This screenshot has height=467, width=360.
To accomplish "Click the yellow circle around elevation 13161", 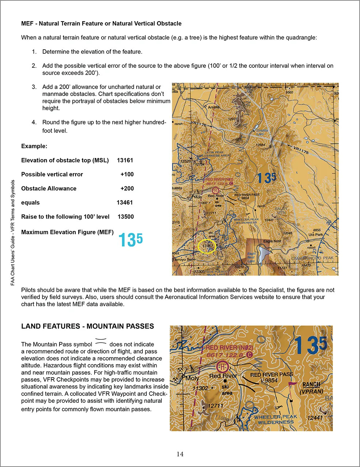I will pyautogui.click(x=207, y=246).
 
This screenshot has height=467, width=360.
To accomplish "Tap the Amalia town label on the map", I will pyautogui.click(x=214, y=107).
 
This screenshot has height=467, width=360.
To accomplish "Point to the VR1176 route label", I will pyautogui.click(x=199, y=124).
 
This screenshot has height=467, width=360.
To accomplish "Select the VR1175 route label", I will pyautogui.click(x=301, y=149).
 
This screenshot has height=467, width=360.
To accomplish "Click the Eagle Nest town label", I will pyautogui.click(x=272, y=241).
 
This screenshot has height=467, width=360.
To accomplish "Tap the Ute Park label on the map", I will pyautogui.click(x=315, y=235).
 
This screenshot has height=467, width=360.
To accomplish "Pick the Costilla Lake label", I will pyautogui.click(x=262, y=132).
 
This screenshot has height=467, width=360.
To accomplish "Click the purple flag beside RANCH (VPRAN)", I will pyautogui.click(x=291, y=385).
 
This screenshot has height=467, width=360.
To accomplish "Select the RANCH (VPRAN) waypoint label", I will pyautogui.click(x=311, y=388).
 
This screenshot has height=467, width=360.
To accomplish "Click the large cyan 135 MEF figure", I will pyautogui.click(x=130, y=240).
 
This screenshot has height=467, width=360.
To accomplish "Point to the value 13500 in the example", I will pyautogui.click(x=126, y=217).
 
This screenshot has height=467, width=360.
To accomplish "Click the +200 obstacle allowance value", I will pyautogui.click(x=127, y=189).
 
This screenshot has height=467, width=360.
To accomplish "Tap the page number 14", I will pyautogui.click(x=180, y=454).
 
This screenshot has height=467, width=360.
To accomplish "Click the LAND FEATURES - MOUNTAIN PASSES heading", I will pyautogui.click(x=88, y=326).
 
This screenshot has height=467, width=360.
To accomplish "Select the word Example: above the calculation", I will pyautogui.click(x=34, y=146).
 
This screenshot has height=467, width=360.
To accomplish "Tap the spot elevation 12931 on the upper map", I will pyautogui.click(x=233, y=119).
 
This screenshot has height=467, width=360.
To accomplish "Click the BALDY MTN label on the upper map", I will pyautogui.click(x=281, y=211).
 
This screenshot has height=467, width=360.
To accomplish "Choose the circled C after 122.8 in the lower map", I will pyautogui.click(x=249, y=355).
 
